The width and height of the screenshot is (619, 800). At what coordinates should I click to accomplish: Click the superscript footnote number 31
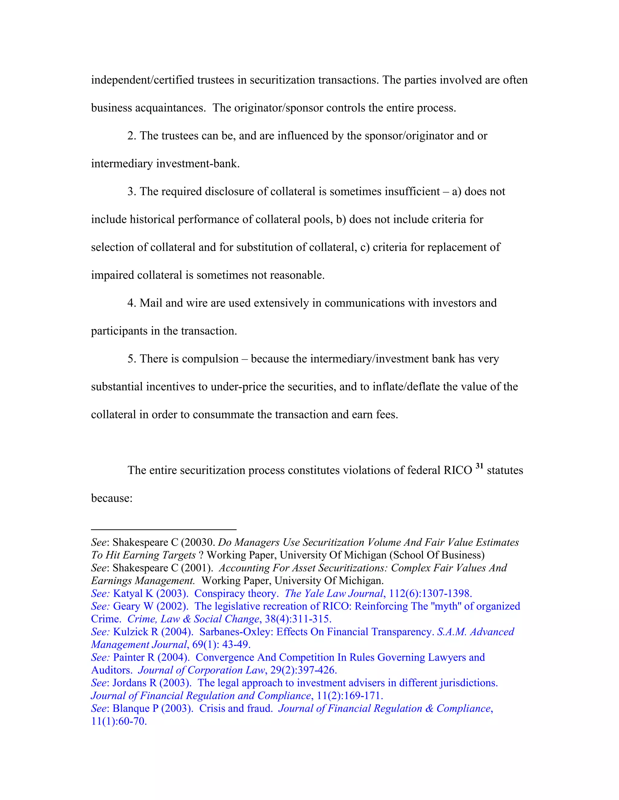(479, 466)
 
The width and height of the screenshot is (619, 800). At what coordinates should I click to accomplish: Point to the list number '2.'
(132, 136)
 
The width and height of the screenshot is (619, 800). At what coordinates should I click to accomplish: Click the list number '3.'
(132, 192)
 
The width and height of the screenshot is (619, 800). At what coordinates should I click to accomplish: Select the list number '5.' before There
(132, 359)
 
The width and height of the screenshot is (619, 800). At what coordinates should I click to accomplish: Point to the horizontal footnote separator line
(164, 529)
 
